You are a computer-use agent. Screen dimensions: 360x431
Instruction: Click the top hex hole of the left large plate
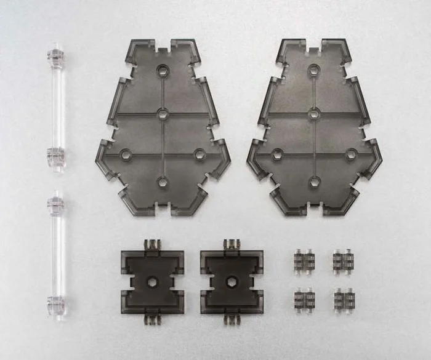pos(163,69)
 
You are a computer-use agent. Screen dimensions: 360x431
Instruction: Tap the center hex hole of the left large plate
pos(163,113)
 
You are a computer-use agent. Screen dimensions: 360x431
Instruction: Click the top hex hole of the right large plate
pos(315,69)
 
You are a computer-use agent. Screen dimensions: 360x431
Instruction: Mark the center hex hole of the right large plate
pos(315,113)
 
